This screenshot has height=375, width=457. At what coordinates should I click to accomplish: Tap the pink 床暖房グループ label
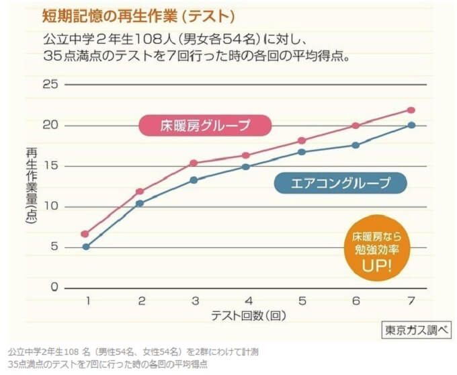[205, 125]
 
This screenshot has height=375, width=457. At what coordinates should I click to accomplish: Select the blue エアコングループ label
[341, 182]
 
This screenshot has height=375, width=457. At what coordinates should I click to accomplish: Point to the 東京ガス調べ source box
[417, 331]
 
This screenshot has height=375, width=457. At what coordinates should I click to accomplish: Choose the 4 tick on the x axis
[248, 300]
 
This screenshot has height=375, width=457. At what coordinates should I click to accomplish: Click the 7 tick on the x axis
[411, 300]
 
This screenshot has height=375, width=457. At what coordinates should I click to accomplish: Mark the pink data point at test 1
[85, 234]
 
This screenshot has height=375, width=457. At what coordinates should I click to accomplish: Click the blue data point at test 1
[85, 247]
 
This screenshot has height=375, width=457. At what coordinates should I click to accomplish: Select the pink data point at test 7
[411, 110]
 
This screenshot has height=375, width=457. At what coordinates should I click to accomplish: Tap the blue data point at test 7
[411, 125]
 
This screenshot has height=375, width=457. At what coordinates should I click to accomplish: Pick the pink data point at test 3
[194, 163]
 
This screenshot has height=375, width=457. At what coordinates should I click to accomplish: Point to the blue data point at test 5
[302, 152]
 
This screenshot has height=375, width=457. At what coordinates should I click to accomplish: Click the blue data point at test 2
[140, 203]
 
